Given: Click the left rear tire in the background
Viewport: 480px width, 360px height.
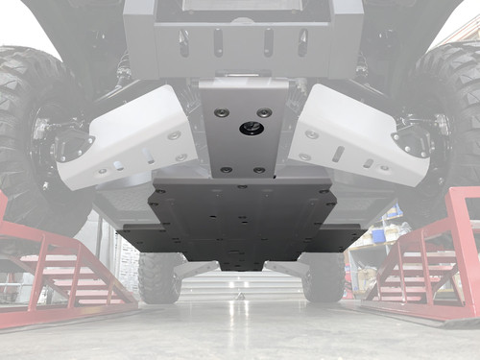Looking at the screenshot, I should click(158, 277).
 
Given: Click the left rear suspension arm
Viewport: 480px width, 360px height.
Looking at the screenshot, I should click(192, 268).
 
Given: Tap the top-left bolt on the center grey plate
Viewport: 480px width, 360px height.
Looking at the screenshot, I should click(222, 112).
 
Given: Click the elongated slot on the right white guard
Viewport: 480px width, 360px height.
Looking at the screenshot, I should click(338, 155).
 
